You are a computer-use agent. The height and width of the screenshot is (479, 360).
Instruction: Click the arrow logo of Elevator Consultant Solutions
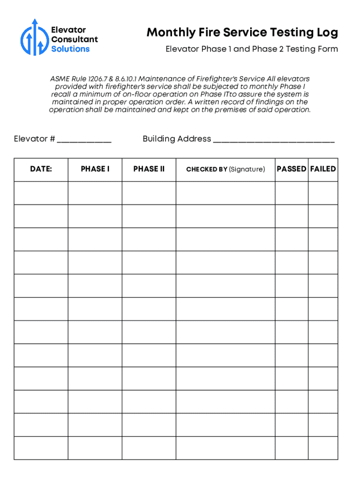pyautogui.click(x=34, y=37)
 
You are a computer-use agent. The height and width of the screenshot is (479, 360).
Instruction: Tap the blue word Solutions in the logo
pyautogui.click(x=70, y=49)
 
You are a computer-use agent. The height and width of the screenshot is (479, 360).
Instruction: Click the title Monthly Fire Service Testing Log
pyautogui.click(x=242, y=33)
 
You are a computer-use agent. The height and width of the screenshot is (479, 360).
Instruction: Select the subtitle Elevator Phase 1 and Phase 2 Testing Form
pyautogui.click(x=252, y=49)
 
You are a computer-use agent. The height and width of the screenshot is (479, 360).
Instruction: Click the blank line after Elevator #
pyautogui.click(x=84, y=139)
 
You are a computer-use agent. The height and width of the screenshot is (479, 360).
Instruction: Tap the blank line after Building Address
pyautogui.click(x=274, y=139)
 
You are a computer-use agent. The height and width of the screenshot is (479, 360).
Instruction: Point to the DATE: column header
pyautogui.click(x=41, y=169)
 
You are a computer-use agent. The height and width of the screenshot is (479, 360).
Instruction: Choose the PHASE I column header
pyautogui.click(x=95, y=169)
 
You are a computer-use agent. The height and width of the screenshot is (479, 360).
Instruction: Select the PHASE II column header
pyautogui.click(x=149, y=169)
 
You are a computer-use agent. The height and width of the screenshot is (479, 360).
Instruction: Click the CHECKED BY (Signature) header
pyautogui.click(x=225, y=169)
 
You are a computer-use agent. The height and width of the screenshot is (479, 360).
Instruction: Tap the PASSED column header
pyautogui.click(x=291, y=169)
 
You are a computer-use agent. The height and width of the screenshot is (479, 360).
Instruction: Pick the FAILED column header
pyautogui.click(x=323, y=169)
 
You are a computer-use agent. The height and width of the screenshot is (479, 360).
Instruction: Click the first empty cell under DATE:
pyautogui.click(x=41, y=193)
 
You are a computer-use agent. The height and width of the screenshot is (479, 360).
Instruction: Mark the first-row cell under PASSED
pyautogui.click(x=291, y=193)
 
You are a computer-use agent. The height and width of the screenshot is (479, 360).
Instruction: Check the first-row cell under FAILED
pyautogui.click(x=323, y=193)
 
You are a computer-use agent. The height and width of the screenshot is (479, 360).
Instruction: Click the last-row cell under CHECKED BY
pyautogui.click(x=225, y=448)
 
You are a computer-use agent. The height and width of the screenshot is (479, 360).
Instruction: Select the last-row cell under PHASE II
pyautogui.click(x=149, y=448)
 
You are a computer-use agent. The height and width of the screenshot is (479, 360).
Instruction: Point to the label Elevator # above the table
pyautogui.click(x=35, y=139)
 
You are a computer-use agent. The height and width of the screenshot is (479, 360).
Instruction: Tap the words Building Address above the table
pyautogui.click(x=177, y=139)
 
